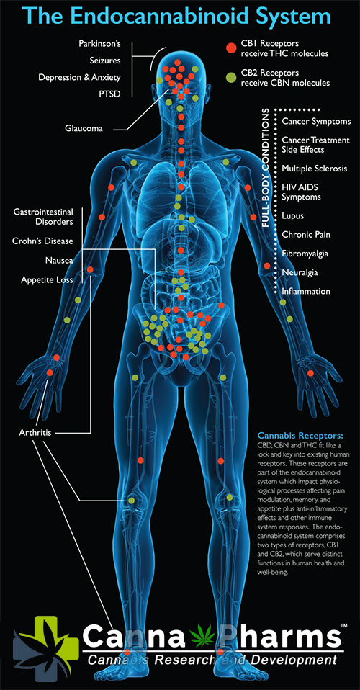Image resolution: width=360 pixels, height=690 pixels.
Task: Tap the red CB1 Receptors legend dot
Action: click(230, 48)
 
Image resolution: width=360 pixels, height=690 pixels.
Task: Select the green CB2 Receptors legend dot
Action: click(230, 77)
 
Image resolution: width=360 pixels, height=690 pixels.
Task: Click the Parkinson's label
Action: click(99, 44)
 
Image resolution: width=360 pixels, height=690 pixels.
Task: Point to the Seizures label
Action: click(105, 61)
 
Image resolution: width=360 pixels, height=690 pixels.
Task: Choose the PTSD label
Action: click(110, 94)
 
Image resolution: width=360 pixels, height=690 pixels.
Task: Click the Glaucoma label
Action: click(84, 128)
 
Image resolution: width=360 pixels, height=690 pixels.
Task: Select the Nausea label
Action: click(59, 261)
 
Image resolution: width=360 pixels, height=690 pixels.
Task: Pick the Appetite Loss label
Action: click(47, 280)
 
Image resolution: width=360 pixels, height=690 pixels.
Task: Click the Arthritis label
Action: click(35, 433)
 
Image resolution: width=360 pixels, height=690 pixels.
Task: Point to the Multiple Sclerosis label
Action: click(314, 169)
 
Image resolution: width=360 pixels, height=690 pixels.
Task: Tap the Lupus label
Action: click(292, 217)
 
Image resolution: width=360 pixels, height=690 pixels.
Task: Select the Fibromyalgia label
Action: click(305, 254)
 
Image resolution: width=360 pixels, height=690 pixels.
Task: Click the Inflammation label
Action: click(306, 291)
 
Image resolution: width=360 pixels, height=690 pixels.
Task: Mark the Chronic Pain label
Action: click(306, 235)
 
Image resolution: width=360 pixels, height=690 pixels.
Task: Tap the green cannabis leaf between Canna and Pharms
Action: click(203, 636)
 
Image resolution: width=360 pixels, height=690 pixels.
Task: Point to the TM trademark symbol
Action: click(343, 625)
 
